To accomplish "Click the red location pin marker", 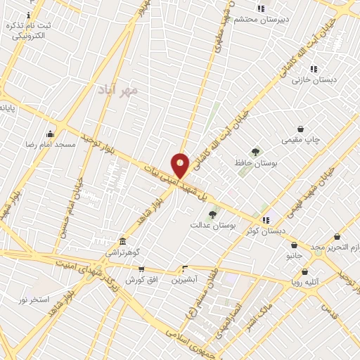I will [180, 165].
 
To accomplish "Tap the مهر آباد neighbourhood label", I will [118, 90].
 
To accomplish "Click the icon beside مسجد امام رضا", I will [50, 134].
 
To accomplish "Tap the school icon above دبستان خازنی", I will [314, 69].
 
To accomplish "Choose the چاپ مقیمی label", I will [300, 139].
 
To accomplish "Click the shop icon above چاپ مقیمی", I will [301, 129].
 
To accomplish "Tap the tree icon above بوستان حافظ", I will [255, 151].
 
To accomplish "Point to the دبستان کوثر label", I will [265, 231].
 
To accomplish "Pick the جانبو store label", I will [293, 256].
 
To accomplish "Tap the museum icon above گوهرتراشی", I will [122, 241].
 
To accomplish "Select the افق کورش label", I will [140, 279].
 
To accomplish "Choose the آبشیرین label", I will [184, 279].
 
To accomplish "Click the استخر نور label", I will [34, 299].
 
